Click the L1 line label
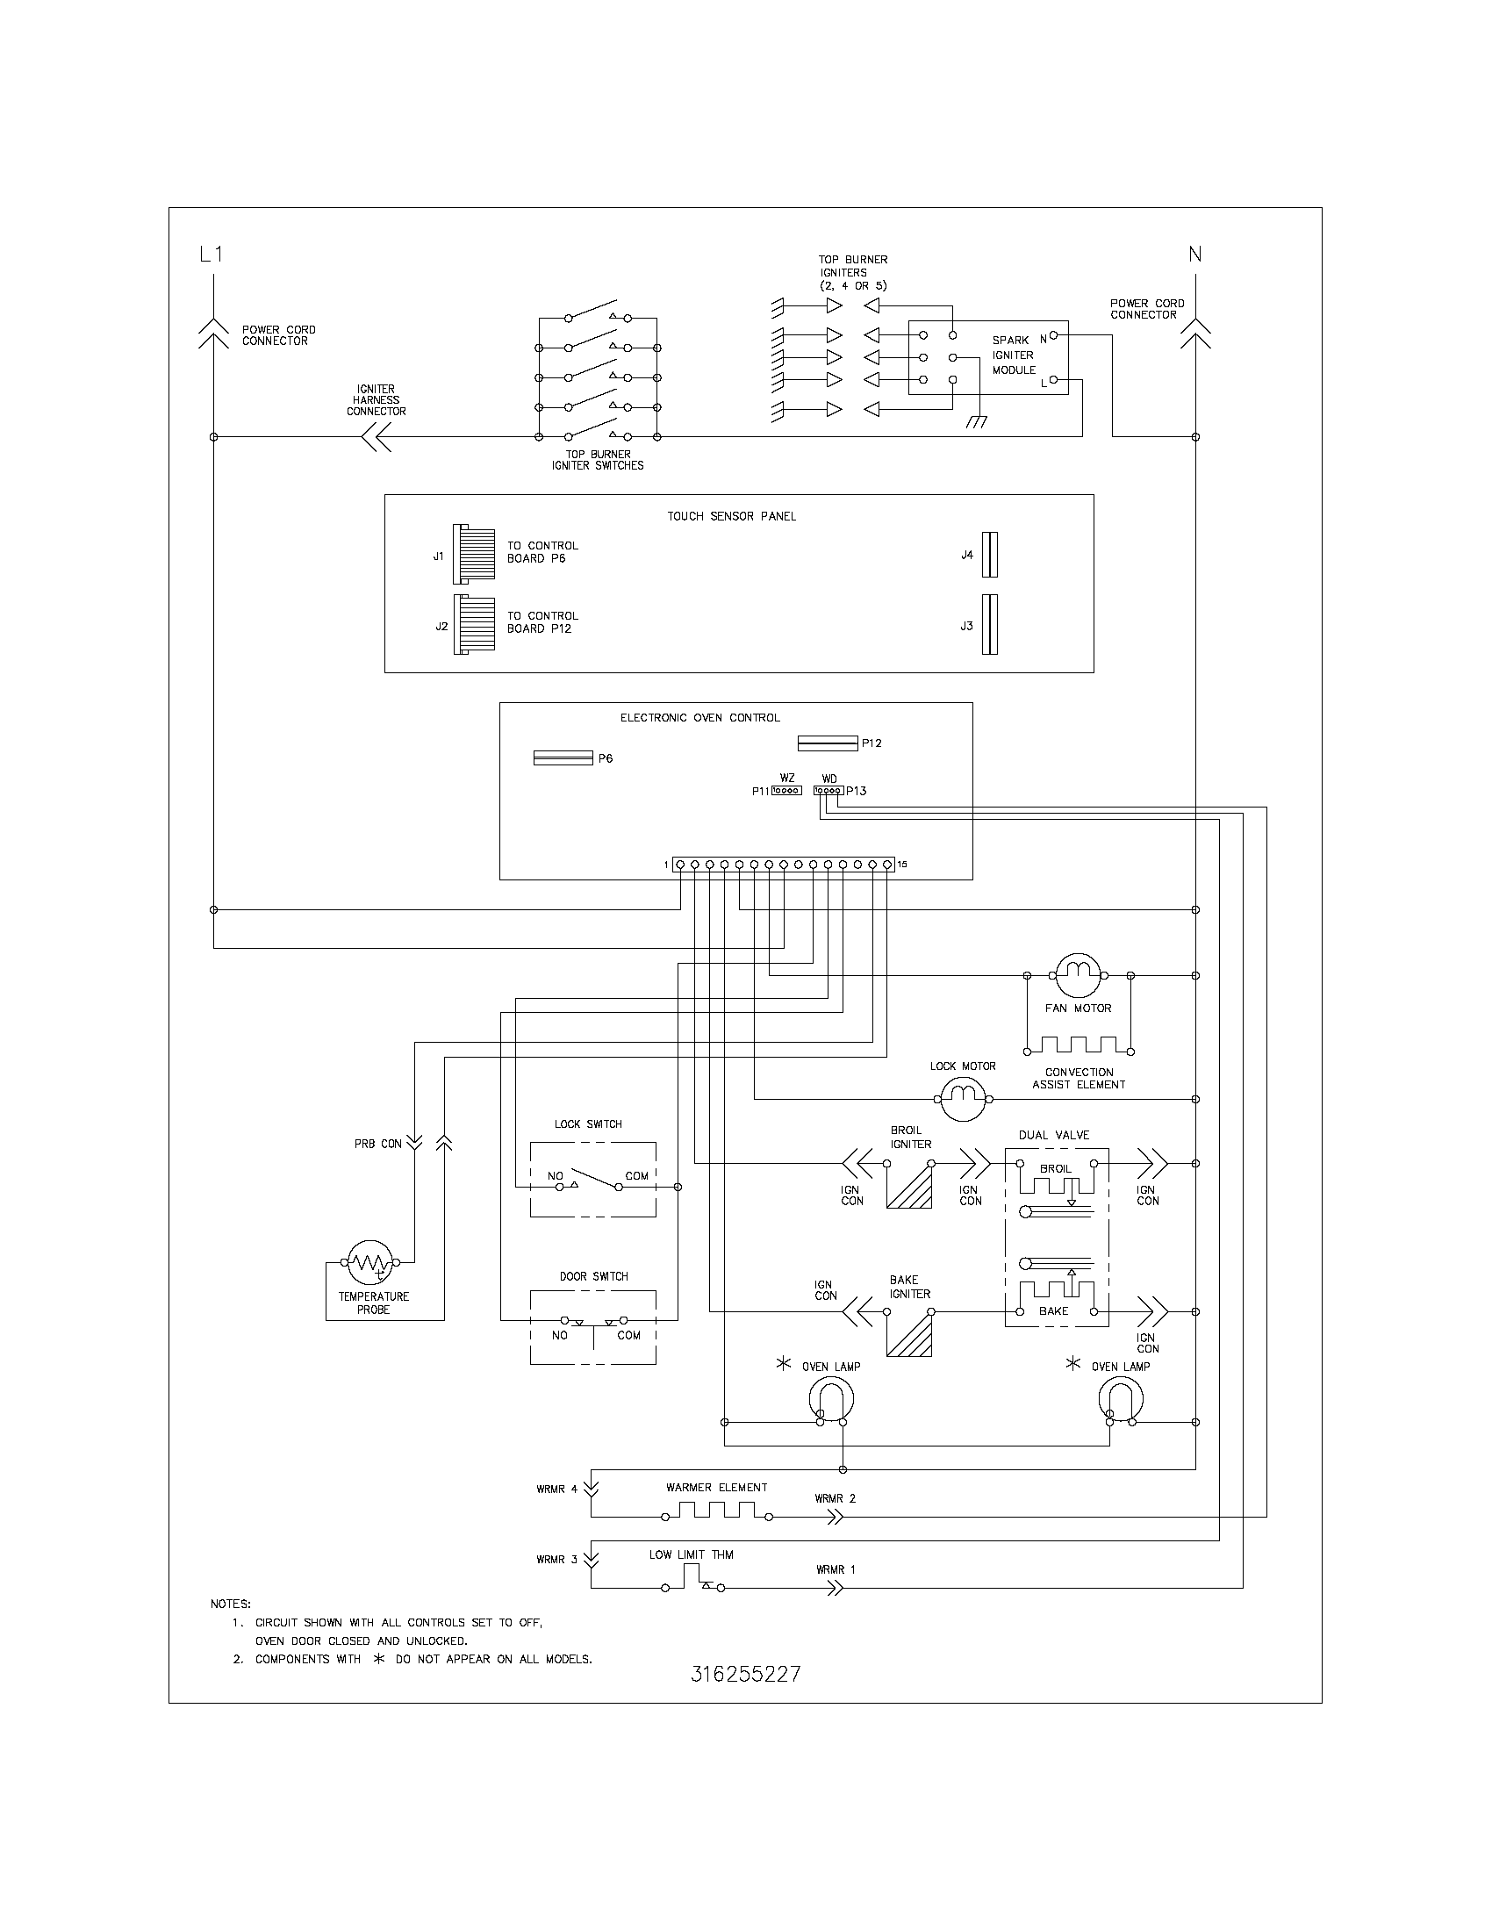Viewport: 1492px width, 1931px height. [x=212, y=255]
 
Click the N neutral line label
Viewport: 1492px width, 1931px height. [x=1195, y=255]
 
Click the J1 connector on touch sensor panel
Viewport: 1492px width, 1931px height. [x=474, y=554]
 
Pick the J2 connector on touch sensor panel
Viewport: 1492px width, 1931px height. [x=474, y=624]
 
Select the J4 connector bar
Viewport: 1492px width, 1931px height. [x=990, y=555]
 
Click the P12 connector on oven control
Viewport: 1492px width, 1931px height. [x=828, y=743]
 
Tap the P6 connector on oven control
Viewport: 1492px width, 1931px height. [x=563, y=758]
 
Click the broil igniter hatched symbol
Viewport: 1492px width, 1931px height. [x=909, y=1187]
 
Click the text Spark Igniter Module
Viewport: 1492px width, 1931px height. [x=1013, y=355]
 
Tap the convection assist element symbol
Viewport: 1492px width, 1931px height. [x=1079, y=1046]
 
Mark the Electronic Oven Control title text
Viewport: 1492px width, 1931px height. [x=700, y=718]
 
